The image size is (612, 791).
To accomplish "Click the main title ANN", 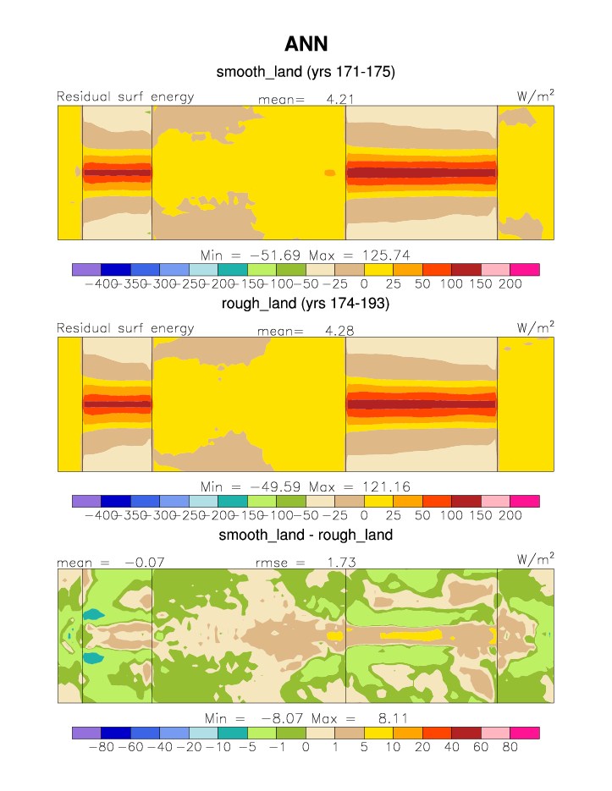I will click(x=306, y=44).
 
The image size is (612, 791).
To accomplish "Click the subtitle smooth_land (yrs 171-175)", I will click(x=306, y=73).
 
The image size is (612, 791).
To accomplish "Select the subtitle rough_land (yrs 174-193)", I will click(x=306, y=304).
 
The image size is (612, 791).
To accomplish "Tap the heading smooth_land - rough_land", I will click(x=306, y=535).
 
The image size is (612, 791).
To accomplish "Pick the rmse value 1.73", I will click(x=341, y=561).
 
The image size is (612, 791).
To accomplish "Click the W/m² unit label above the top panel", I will click(x=536, y=96).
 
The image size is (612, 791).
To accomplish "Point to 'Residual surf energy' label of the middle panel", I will click(x=125, y=327).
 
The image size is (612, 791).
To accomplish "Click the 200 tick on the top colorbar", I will click(x=510, y=283).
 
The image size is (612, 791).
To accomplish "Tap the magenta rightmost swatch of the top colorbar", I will click(x=525, y=269).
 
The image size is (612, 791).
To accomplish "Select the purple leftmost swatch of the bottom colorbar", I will click(x=86, y=732).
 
